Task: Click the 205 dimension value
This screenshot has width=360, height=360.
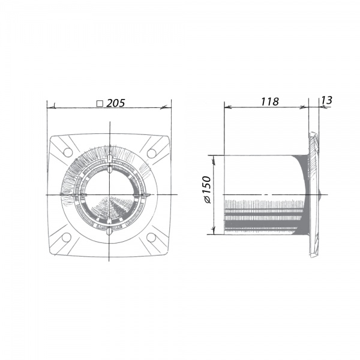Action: [x=116, y=103]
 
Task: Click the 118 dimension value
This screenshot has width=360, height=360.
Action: [x=270, y=101]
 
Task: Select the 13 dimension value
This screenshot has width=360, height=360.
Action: [x=326, y=100]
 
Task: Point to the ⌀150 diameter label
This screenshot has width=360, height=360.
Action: [x=207, y=190]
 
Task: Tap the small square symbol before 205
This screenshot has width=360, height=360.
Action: [x=100, y=104]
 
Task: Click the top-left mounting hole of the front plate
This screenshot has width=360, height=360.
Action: [x=68, y=152]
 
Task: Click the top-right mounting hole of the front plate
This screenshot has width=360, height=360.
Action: [x=152, y=153]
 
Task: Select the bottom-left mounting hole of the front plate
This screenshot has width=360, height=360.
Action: [x=67, y=238]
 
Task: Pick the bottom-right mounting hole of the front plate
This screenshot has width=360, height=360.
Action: [x=151, y=238]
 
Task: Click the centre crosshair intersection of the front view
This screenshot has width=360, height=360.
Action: [x=110, y=195]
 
